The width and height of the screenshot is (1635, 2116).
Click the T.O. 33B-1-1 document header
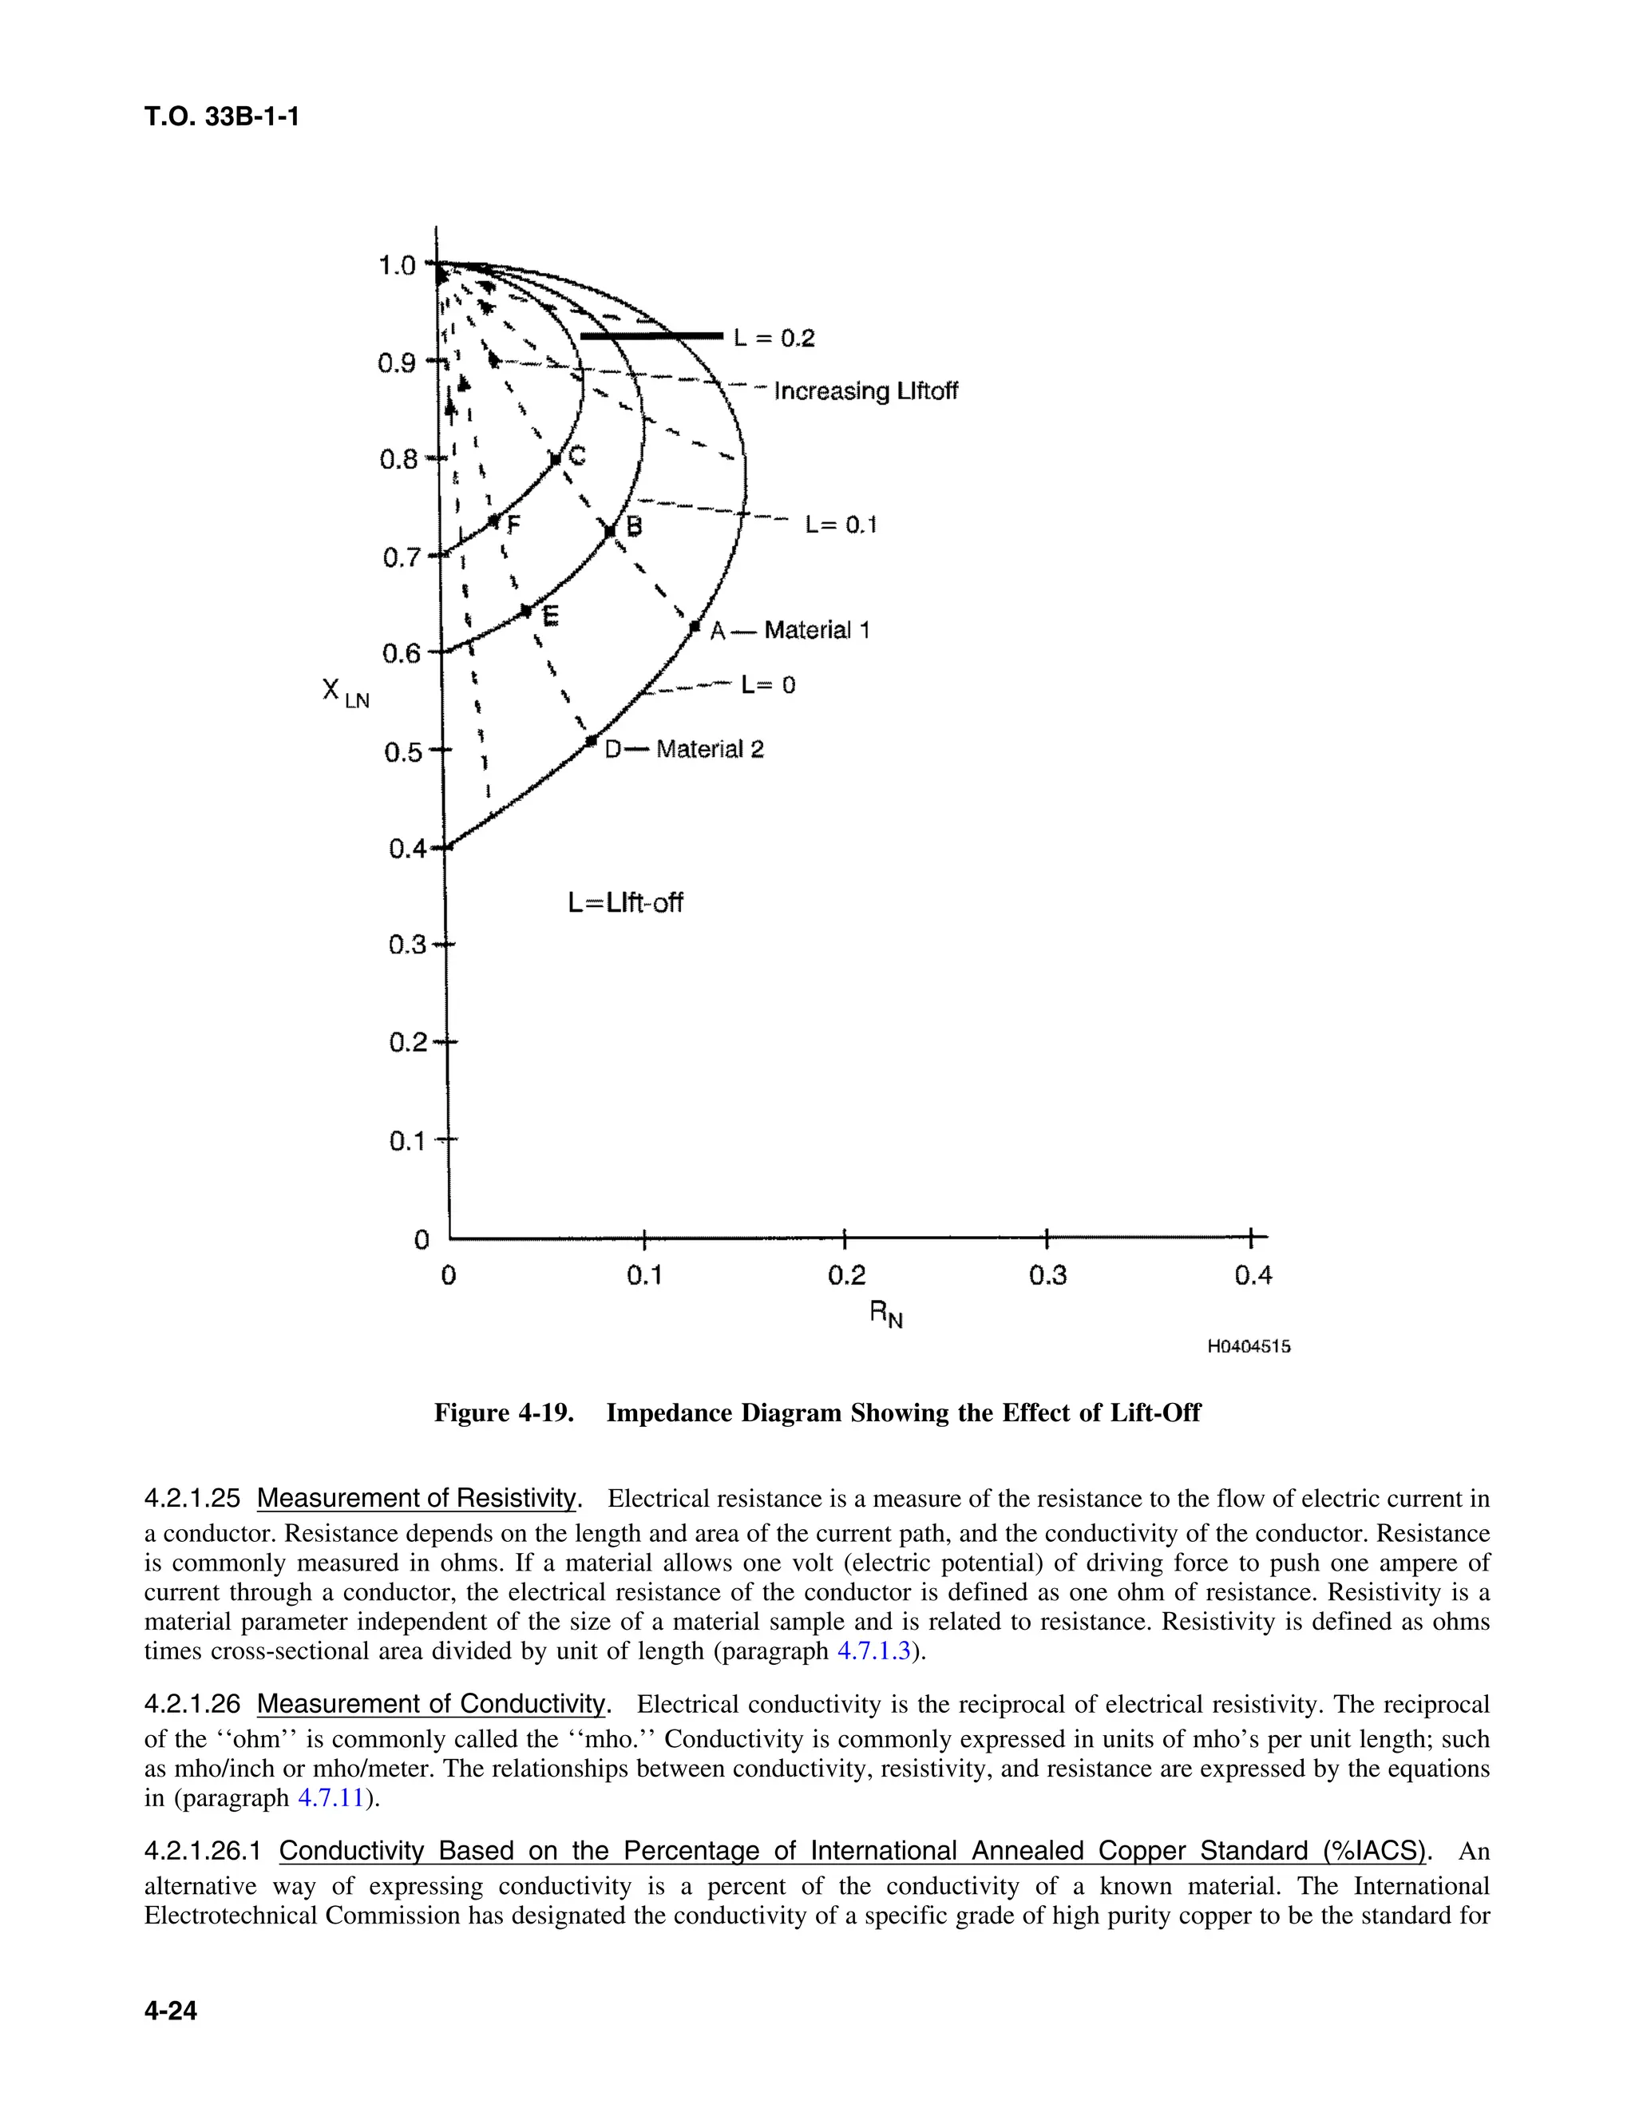222,117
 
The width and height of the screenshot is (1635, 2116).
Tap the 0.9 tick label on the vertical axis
396,363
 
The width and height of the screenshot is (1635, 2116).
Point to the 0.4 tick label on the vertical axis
406,850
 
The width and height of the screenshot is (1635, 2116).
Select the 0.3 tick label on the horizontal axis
1047,1276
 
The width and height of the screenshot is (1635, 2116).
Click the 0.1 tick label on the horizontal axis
644,1276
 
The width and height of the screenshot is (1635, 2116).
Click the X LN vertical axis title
345,693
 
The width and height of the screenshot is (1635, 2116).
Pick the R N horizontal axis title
885,1315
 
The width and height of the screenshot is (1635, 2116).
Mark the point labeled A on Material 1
695,628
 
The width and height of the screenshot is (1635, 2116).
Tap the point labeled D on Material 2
591,741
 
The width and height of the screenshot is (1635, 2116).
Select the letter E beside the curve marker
550,615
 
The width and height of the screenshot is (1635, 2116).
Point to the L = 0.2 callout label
774,338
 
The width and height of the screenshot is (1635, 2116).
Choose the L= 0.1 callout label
841,525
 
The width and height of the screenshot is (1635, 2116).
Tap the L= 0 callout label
768,685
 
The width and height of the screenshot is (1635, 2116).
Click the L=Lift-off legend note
625,903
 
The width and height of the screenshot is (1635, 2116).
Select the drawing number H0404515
1249,1347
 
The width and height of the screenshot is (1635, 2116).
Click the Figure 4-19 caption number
501,1413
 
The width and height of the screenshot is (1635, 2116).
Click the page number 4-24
171,2011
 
